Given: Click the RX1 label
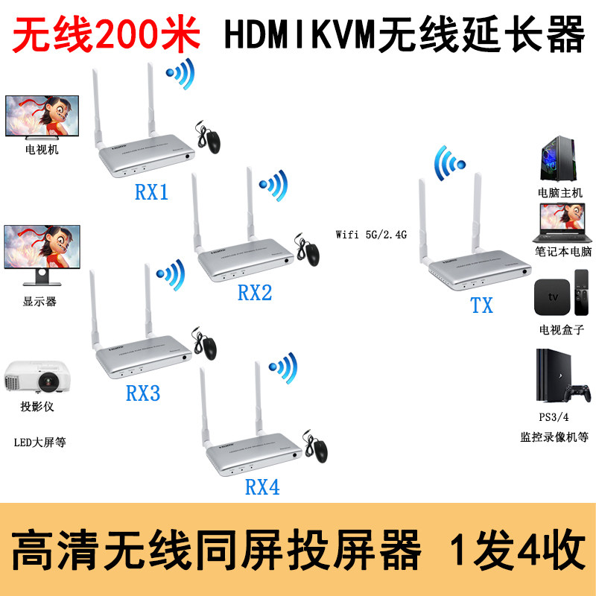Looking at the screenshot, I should [x=151, y=193].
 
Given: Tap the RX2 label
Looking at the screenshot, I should [x=255, y=292].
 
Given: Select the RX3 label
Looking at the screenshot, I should [x=143, y=393].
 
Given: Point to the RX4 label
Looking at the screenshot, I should [x=262, y=487].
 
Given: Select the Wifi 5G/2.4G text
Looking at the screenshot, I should [x=371, y=234].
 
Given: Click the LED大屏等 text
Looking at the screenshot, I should [x=40, y=442].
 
